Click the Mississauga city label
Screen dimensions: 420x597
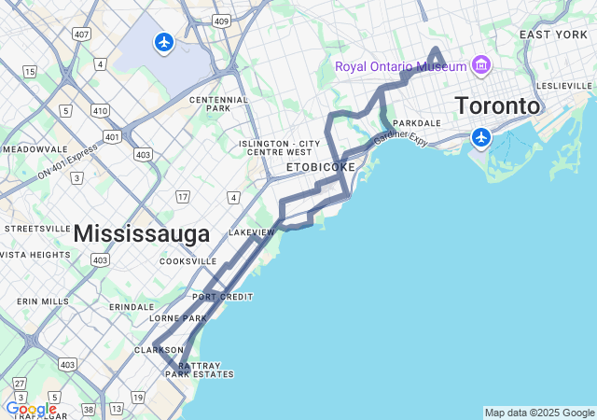tap(141, 234)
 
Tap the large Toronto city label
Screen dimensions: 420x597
tap(497, 105)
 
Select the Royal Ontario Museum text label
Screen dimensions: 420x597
tap(400, 66)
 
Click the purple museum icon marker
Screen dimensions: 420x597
tap(480, 65)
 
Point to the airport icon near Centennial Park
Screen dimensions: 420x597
tap(164, 42)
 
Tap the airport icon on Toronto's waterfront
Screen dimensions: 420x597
tap(481, 138)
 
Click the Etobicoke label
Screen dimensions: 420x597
tap(320, 167)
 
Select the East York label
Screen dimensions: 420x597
tap(553, 35)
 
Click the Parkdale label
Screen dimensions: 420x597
tap(416, 123)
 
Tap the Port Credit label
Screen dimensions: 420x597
tap(223, 297)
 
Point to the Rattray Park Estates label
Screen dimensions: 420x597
tap(200, 370)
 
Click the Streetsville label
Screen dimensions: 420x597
tap(37, 228)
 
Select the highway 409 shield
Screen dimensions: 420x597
tap(221, 20)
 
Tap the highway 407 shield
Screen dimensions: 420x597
tap(81, 34)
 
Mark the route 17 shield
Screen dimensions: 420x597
tap(183, 196)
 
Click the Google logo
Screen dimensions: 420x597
tap(31, 409)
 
